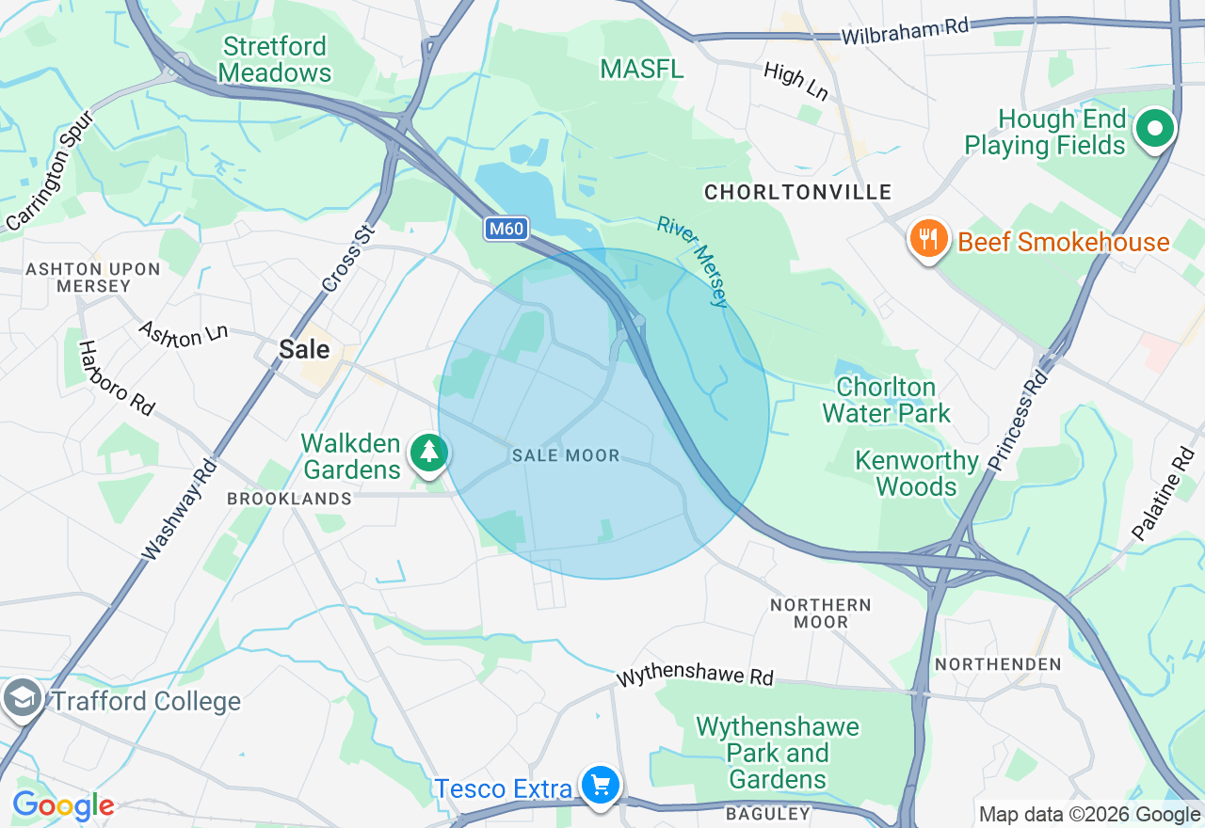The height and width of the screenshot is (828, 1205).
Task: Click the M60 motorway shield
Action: (x=506, y=229)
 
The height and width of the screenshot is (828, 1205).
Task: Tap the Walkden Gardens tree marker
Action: (x=429, y=453)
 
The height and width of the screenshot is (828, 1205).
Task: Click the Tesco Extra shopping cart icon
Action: (x=600, y=784)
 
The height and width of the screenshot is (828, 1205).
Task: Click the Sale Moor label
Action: (x=566, y=455)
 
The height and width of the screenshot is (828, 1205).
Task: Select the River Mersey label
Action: (x=693, y=262)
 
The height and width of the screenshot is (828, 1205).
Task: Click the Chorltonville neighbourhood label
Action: (x=797, y=192)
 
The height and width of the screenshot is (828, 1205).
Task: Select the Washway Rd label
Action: (x=178, y=509)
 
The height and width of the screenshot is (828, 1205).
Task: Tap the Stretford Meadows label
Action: (x=275, y=59)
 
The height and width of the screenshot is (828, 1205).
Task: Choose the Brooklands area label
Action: (x=289, y=499)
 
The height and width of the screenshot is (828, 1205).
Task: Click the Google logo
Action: (x=63, y=806)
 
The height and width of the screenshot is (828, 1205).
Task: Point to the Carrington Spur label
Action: (x=51, y=170)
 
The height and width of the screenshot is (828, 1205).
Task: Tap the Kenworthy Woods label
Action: (x=916, y=473)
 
